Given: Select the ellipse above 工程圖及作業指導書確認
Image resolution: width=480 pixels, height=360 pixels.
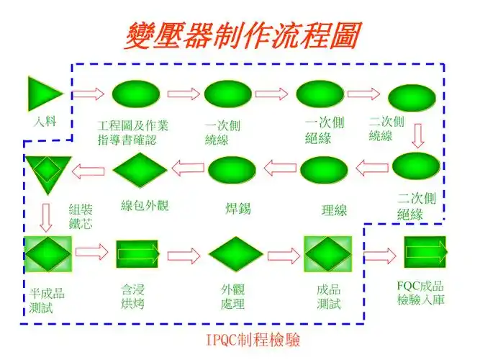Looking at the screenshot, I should pyautogui.click(x=136, y=94).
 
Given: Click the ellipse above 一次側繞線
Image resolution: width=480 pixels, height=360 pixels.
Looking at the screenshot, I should pyautogui.click(x=227, y=94).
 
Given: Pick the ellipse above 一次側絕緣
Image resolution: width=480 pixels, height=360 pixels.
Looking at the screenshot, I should pyautogui.click(x=320, y=94).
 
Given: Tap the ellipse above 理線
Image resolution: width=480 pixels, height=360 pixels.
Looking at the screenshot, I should pyautogui.click(x=323, y=170).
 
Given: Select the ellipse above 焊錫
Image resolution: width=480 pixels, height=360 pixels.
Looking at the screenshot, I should pyautogui.click(x=232, y=171).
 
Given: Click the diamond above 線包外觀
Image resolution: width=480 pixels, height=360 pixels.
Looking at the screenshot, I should pyautogui.click(x=140, y=170).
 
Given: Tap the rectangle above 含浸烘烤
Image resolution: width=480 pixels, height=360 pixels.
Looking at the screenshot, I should pyautogui.click(x=137, y=253).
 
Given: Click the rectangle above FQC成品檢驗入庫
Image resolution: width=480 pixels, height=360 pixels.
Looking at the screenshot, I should pyautogui.click(x=425, y=252).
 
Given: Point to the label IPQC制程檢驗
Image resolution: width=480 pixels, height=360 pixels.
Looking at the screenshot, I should pyautogui.click(x=253, y=339).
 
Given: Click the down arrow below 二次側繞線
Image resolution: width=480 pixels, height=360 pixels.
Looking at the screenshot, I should pyautogui.click(x=417, y=135).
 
